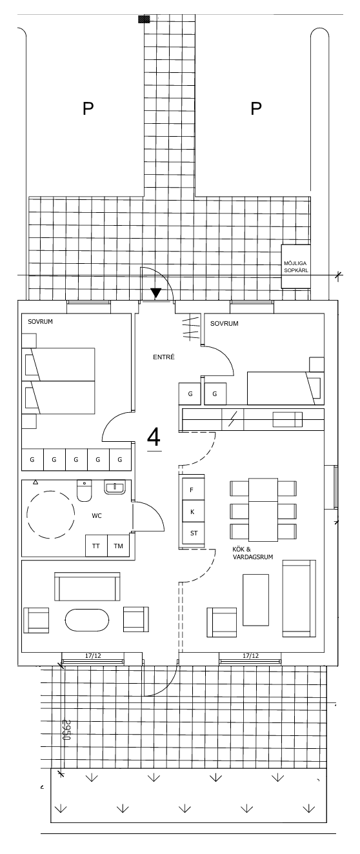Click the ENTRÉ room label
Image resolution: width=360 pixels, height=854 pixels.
(x=164, y=357)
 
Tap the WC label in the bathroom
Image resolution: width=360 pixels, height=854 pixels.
(x=97, y=516)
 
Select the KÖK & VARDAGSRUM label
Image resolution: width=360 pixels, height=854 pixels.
(x=253, y=553)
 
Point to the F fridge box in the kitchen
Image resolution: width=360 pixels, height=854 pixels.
(x=192, y=490)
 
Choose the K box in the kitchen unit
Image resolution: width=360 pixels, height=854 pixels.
(x=192, y=511)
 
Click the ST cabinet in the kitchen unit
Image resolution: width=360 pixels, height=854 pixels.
(x=194, y=533)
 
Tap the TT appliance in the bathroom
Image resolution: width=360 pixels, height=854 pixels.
(x=96, y=546)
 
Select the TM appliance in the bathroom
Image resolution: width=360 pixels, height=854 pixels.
(x=118, y=546)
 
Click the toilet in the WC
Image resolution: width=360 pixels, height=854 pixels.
(x=85, y=490)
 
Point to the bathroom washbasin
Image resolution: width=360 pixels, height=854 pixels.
(x=115, y=487)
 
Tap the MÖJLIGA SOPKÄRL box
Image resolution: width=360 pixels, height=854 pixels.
(x=295, y=266)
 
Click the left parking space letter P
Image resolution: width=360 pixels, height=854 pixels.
(x=88, y=108)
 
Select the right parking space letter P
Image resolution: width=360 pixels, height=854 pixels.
(x=256, y=108)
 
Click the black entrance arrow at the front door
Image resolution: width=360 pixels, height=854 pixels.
(x=155, y=293)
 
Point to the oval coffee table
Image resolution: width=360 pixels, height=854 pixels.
(x=87, y=620)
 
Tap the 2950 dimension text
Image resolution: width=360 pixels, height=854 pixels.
(x=66, y=730)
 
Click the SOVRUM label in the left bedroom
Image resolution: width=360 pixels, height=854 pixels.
(x=40, y=322)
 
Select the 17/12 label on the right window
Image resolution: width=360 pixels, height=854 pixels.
(x=250, y=656)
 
